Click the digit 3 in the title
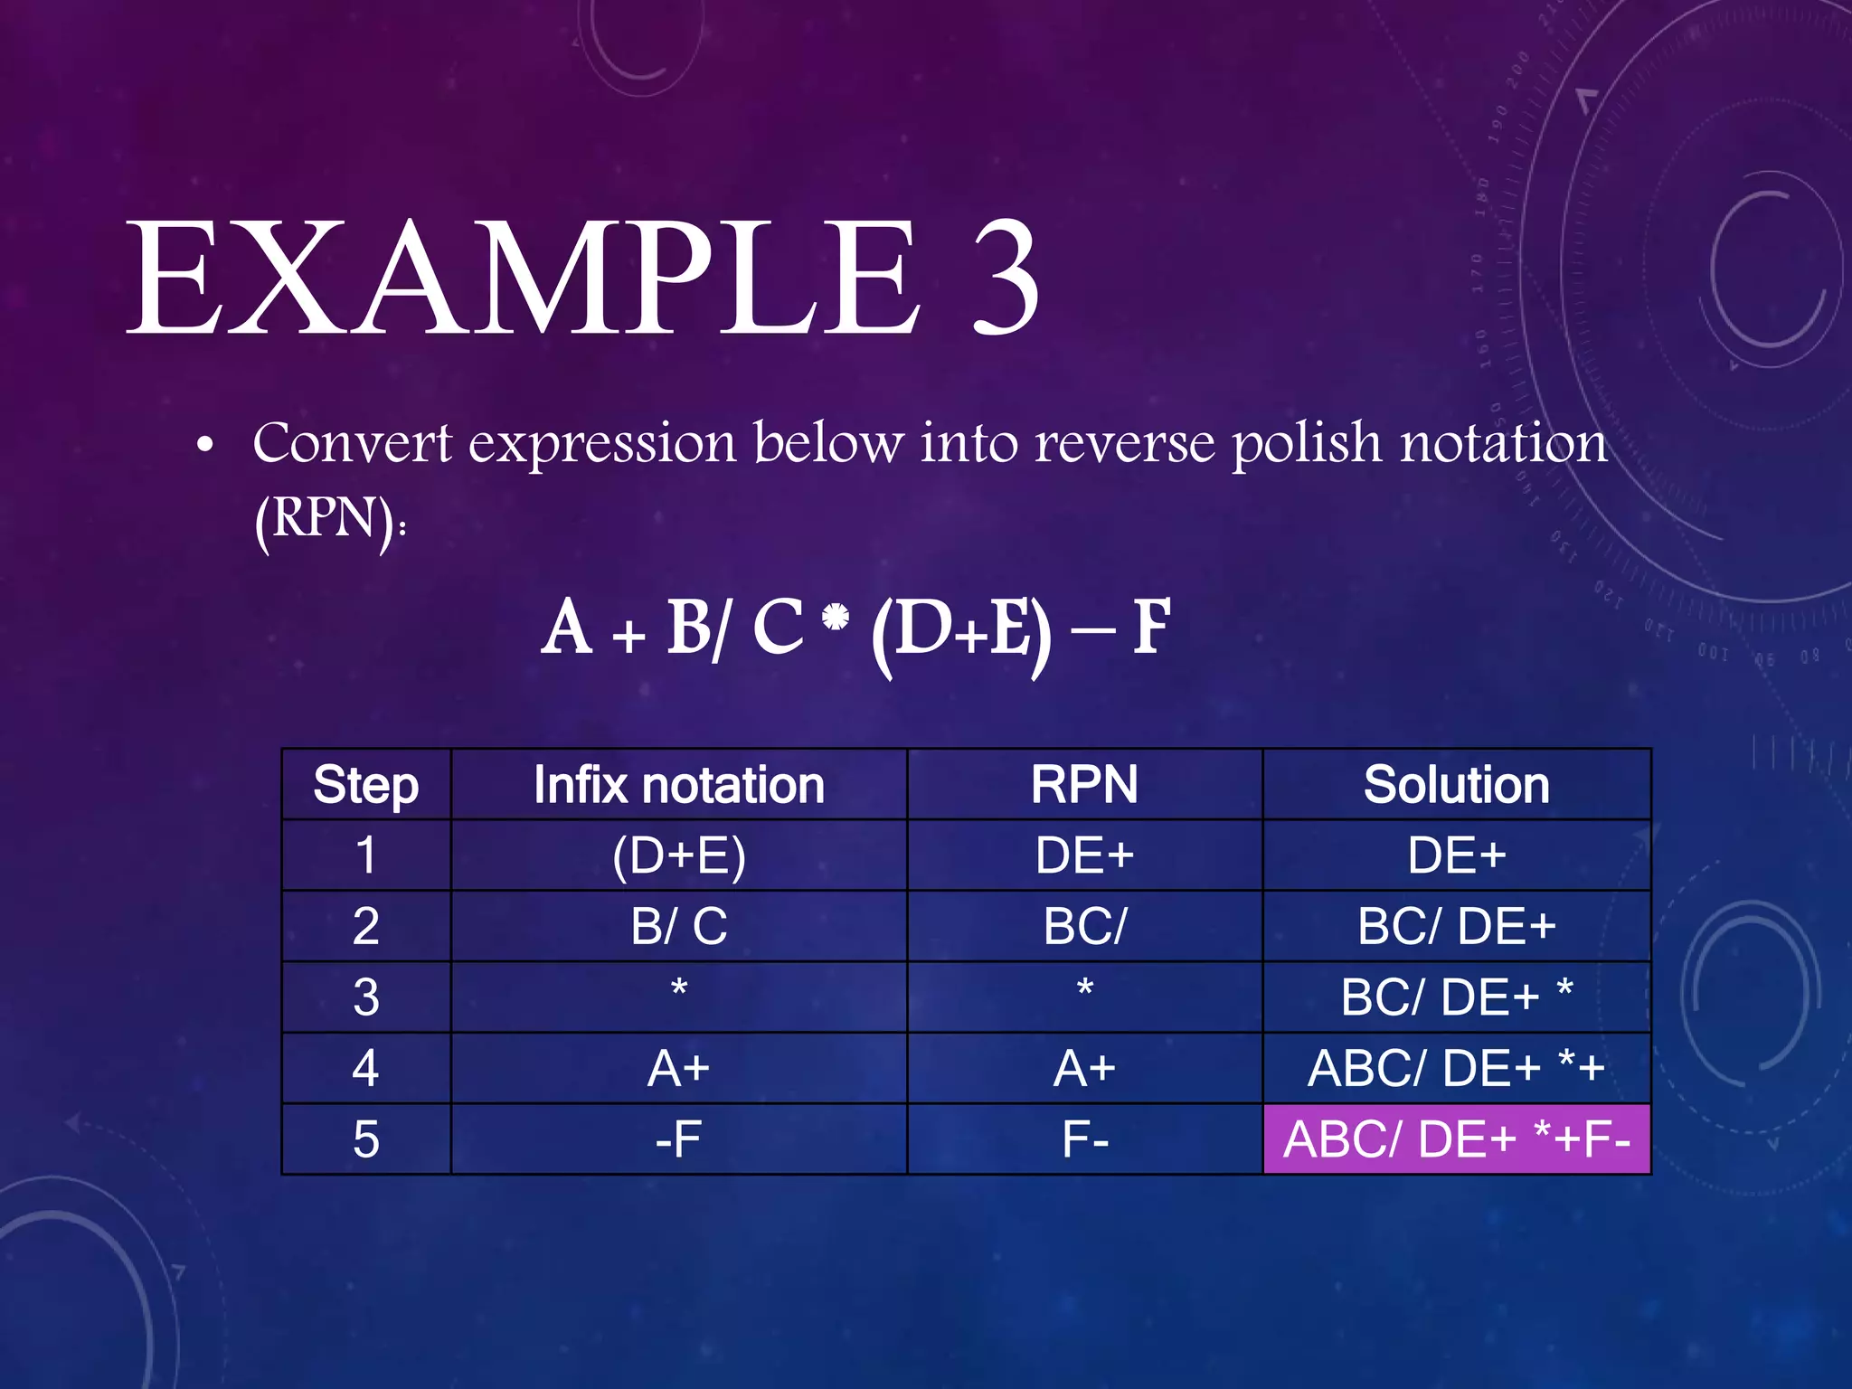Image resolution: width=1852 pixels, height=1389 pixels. (x=1005, y=279)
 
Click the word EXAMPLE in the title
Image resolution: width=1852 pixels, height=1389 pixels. (x=524, y=279)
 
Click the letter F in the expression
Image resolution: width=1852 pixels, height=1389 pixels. (x=1151, y=627)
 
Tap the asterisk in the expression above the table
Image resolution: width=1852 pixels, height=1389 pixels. (x=836, y=618)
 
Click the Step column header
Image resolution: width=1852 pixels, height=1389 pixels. (x=365, y=785)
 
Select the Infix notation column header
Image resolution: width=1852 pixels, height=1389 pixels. (x=678, y=785)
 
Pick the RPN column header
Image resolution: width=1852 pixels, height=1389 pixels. (x=1084, y=785)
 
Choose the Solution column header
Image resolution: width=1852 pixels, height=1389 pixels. (x=1456, y=785)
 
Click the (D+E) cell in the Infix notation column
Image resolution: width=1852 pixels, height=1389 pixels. (x=678, y=855)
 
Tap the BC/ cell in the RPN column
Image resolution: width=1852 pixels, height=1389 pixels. (x=1084, y=926)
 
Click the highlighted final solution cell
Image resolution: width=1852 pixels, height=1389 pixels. (x=1456, y=1139)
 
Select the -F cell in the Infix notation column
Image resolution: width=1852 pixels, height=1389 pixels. (x=678, y=1139)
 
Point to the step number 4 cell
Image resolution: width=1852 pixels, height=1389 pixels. (x=365, y=1068)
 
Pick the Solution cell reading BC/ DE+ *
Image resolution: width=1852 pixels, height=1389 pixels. (x=1456, y=997)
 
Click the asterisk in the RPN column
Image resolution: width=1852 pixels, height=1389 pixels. (x=1085, y=989)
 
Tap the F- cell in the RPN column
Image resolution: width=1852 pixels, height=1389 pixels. (x=1084, y=1139)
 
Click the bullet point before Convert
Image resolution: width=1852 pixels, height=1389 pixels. (x=206, y=446)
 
